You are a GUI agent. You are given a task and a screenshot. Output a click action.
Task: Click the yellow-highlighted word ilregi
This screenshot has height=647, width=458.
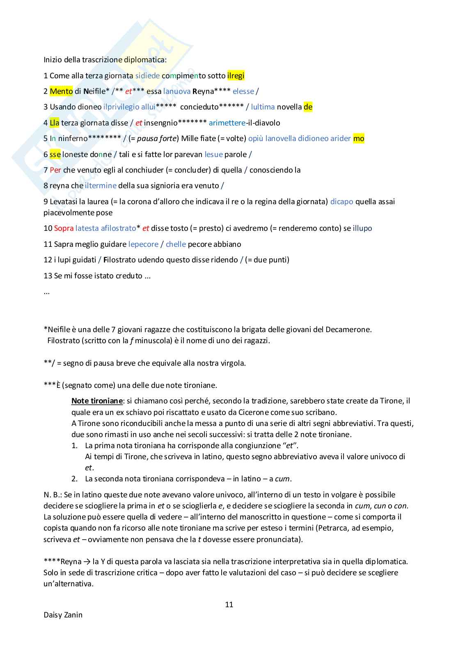236,76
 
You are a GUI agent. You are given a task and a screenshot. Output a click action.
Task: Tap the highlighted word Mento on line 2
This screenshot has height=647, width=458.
61,91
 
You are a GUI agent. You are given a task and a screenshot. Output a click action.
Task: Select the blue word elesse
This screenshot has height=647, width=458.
243,91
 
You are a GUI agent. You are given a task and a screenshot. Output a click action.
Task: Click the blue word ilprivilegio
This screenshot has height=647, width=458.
121,107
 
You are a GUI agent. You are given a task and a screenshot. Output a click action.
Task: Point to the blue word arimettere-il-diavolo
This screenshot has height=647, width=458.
244,123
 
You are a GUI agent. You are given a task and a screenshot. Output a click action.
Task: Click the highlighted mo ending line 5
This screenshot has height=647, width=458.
358,139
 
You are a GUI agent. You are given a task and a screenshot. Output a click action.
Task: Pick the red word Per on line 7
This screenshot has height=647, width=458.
55,170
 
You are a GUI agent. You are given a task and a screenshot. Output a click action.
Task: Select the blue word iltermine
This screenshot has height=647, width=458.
101,186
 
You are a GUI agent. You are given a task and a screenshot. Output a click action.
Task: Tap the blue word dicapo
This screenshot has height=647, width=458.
341,202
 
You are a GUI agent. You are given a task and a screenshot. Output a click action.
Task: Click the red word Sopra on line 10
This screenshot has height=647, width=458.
64,228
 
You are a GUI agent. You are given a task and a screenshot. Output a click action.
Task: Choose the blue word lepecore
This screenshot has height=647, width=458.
143,244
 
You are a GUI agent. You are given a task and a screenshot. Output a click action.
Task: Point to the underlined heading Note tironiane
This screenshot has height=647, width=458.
97,401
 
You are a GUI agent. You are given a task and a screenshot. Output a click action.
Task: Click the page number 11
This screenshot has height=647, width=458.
229,604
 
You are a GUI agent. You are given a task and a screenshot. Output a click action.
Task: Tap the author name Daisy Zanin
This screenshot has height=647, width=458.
63,615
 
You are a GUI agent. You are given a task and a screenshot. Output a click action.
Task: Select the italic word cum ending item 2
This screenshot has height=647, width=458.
282,479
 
